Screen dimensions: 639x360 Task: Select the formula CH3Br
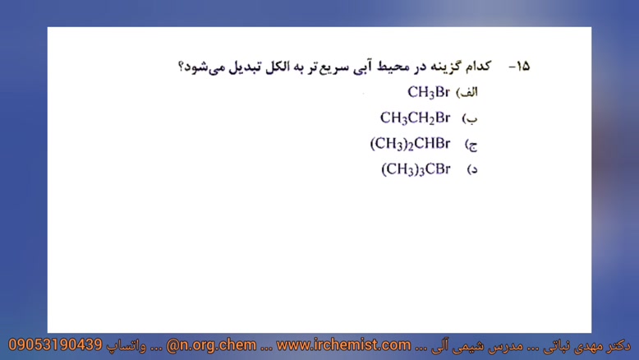pyautogui.click(x=429, y=92)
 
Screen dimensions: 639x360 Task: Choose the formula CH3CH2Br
pyautogui.click(x=416, y=118)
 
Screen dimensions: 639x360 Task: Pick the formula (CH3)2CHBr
pyautogui.click(x=411, y=144)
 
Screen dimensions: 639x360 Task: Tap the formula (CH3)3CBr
pyautogui.click(x=416, y=169)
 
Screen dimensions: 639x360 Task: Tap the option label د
pyautogui.click(x=474, y=169)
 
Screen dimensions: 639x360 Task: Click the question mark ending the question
pyautogui.click(x=181, y=67)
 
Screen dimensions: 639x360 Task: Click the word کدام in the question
pyautogui.click(x=477, y=66)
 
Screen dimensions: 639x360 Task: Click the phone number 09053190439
pyautogui.click(x=55, y=345)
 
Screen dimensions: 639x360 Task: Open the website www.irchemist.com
pyautogui.click(x=343, y=345)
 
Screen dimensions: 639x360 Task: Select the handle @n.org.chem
pyautogui.click(x=212, y=345)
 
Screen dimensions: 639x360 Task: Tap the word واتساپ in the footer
pyautogui.click(x=126, y=346)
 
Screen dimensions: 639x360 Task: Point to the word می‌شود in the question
pyautogui.click(x=205, y=67)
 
